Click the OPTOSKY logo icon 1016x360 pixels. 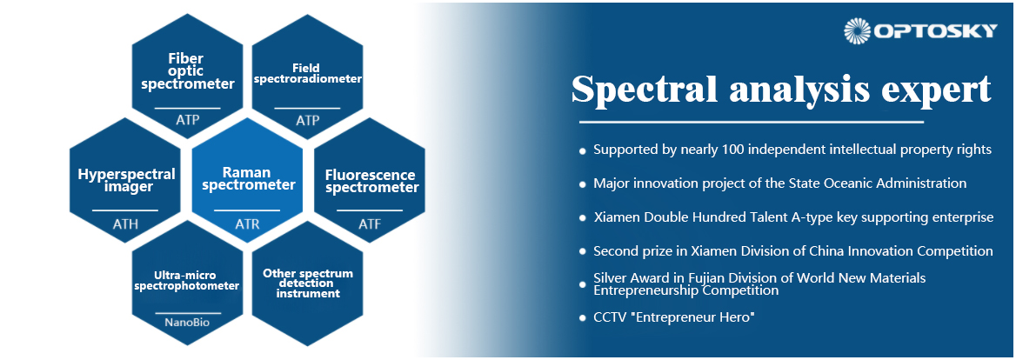[858, 31]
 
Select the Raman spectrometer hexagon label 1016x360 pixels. [249, 179]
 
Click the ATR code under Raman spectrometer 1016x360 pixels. [249, 224]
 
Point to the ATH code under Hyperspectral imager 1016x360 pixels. [125, 224]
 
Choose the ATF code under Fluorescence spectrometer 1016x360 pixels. [370, 224]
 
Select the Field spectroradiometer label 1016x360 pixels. [307, 73]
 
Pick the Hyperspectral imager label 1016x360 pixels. [126, 181]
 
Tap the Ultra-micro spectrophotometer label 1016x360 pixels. [187, 280]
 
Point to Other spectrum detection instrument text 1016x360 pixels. [308, 283]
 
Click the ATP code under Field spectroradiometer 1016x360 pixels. [307, 120]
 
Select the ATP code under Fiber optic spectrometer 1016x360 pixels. [187, 120]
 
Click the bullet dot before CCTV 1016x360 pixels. [583, 318]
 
